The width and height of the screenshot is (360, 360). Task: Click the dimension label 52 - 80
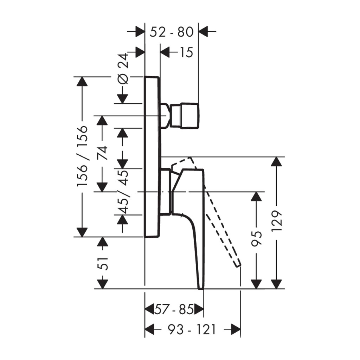tap(172, 32)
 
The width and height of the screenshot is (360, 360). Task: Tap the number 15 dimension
tap(186, 53)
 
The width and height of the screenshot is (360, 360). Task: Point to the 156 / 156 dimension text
tap(82, 156)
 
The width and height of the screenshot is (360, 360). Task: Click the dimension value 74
tap(102, 153)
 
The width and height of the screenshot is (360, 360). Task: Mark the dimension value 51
tap(102, 264)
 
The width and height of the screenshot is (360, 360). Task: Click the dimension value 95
tap(256, 239)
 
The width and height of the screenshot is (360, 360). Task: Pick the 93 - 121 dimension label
tap(192, 330)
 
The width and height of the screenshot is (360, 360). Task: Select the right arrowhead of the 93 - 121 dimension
tap(236, 330)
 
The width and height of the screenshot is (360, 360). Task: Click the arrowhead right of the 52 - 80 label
tap(203, 31)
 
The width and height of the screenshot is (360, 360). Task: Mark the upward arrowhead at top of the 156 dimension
tap(82, 81)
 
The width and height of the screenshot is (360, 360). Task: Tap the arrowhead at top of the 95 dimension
tap(256, 196)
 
